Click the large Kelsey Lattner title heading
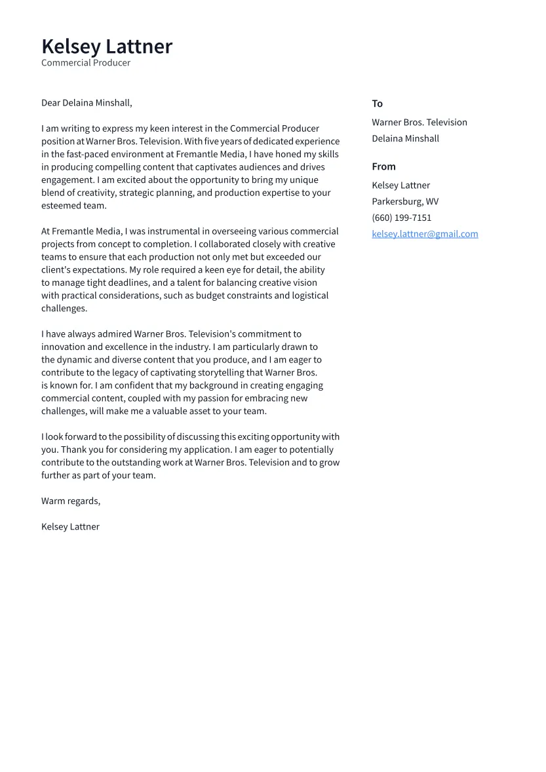click(x=107, y=47)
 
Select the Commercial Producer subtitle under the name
click(x=86, y=63)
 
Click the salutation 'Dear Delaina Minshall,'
click(x=87, y=103)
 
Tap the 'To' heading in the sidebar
click(x=377, y=104)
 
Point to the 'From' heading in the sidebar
click(x=383, y=166)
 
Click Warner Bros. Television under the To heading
click(x=419, y=123)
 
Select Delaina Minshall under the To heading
click(x=405, y=138)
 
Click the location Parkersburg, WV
click(x=405, y=201)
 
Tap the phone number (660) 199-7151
click(x=401, y=218)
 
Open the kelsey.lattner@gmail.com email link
click(x=425, y=234)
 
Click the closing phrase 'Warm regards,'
click(x=71, y=501)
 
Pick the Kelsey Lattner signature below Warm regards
click(x=70, y=527)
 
